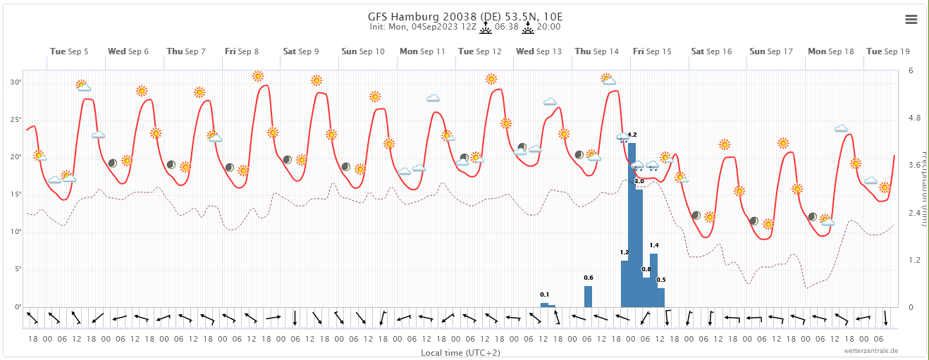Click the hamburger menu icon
tap(911, 20)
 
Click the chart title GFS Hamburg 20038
tap(464, 16)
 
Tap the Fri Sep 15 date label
tap(652, 51)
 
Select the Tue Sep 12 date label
tap(479, 51)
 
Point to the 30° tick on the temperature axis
tap(16, 82)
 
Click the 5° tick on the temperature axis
tap(17, 269)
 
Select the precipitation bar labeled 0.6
tap(588, 296)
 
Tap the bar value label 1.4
tap(654, 245)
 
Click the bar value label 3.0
tap(639, 182)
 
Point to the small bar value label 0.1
tap(544, 294)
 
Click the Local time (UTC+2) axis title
tap(460, 352)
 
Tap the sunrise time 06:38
tap(507, 27)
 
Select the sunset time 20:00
tap(548, 27)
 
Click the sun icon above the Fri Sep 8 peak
tap(258, 76)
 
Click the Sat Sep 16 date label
tap(711, 51)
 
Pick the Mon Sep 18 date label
tap(830, 51)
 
